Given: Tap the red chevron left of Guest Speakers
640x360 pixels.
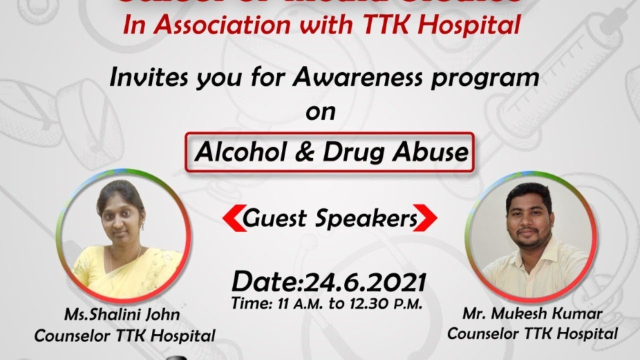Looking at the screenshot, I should click(x=231, y=219).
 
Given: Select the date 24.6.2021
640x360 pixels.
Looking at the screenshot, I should click(x=364, y=282).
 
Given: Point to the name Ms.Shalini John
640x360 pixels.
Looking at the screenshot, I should click(x=121, y=315).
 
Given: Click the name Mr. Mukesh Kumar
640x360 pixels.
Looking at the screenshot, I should click(x=532, y=314).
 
